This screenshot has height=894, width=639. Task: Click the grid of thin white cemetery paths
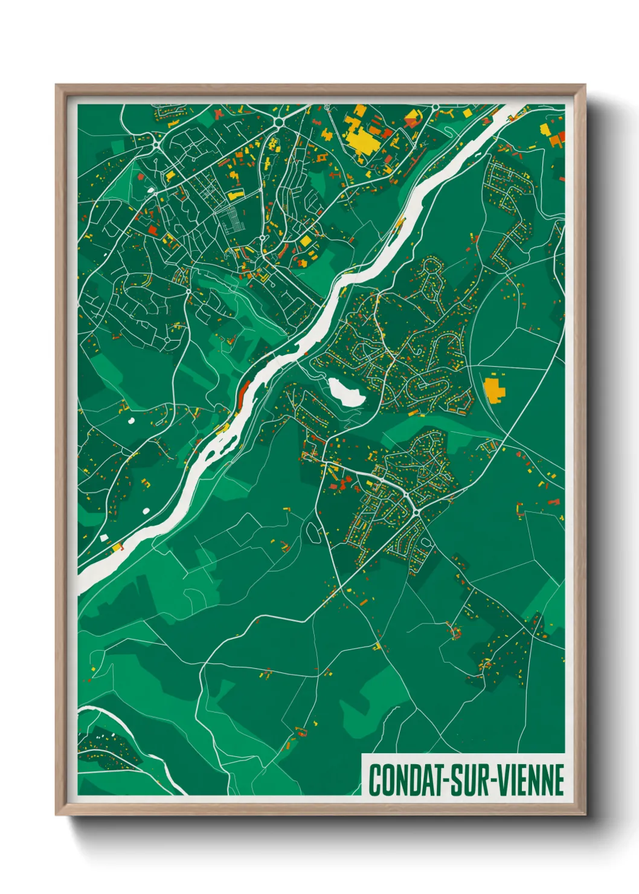(232, 220)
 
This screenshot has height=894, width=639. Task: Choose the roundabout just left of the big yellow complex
(279, 122)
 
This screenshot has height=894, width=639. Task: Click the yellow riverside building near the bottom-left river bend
(116, 547)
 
